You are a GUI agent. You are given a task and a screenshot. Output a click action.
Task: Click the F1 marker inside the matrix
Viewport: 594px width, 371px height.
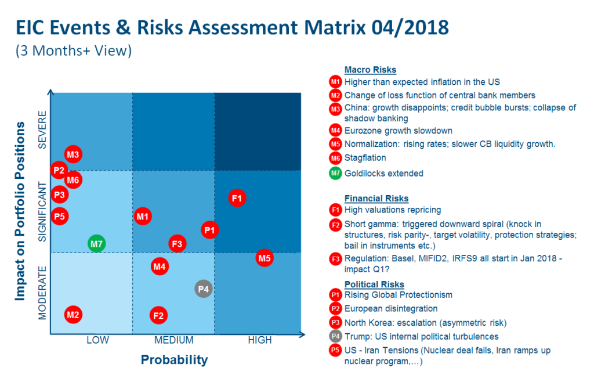coord(237,198)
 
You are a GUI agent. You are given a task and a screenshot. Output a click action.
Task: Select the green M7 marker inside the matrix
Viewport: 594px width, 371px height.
coord(96,244)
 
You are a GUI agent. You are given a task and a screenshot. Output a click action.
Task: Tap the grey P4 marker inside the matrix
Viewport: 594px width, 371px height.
coord(203,288)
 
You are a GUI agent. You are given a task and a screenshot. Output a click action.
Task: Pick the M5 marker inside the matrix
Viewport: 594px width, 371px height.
coord(265,258)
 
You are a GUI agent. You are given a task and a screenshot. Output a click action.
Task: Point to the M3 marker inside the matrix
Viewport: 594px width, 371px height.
coord(73,155)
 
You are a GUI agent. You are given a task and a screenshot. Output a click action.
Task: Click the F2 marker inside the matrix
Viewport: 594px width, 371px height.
coord(158,316)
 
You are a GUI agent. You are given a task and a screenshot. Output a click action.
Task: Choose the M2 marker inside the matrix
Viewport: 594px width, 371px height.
coord(73,315)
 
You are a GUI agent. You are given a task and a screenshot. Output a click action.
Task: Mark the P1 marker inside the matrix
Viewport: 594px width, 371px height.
coord(210,230)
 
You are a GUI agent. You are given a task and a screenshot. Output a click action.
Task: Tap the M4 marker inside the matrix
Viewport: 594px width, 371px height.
coord(160,267)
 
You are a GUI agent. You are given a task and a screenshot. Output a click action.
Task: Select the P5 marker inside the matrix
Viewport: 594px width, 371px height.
coord(59,217)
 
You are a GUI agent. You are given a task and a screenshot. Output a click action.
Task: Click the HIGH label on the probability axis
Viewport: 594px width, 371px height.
coord(259,340)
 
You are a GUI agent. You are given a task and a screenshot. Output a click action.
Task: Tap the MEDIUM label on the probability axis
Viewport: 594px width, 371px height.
coord(173,340)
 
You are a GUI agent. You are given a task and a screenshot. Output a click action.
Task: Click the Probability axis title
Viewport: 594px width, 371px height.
coord(174,360)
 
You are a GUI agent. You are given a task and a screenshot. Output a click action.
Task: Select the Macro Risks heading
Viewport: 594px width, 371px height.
coord(370,70)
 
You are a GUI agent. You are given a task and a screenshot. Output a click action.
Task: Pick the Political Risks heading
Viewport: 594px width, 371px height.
coord(374,284)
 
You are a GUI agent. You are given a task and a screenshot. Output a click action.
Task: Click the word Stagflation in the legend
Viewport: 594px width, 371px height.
coord(365,157)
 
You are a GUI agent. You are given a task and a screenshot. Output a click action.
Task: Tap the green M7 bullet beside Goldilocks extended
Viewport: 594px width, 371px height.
coord(335,173)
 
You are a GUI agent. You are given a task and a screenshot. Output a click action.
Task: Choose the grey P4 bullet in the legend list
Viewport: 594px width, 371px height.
coord(335,337)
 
